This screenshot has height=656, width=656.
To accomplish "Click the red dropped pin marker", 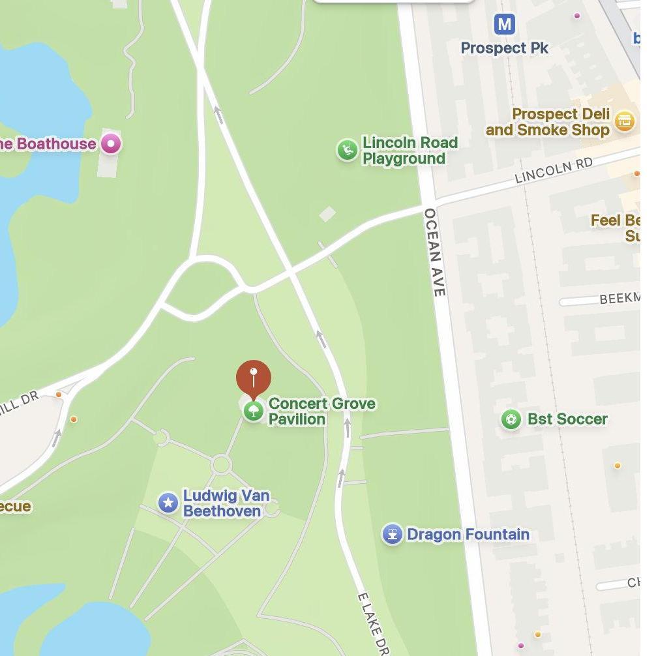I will tap(253, 377).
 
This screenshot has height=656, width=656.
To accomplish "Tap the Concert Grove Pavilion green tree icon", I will tap(254, 411).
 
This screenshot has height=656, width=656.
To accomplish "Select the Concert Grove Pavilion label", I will tap(321, 411).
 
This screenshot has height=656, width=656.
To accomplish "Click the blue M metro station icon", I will tap(504, 25).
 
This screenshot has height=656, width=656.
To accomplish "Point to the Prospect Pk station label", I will tap(504, 48).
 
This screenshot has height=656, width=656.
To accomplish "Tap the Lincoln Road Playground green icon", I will tap(347, 150).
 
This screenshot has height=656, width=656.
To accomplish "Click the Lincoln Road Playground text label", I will tap(410, 151).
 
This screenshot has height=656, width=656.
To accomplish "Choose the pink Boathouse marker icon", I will tap(111, 143).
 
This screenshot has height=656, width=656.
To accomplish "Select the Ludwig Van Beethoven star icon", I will tap(168, 503).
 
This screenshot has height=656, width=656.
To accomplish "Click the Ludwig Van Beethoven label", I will tap(226, 503).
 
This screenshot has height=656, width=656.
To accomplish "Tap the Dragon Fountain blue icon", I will tap(392, 534).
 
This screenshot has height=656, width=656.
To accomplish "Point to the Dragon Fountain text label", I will tap(468, 535).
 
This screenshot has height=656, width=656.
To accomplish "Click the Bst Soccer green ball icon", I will tap(511, 419).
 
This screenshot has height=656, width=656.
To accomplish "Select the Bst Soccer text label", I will tap(567, 419).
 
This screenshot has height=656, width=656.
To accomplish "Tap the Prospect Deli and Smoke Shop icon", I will tap(624, 121).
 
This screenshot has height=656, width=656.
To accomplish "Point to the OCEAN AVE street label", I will tap(434, 252).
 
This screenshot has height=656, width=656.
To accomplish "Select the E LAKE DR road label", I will tap(373, 623).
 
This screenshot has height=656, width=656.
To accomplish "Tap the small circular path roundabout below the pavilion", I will tap(221, 465).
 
